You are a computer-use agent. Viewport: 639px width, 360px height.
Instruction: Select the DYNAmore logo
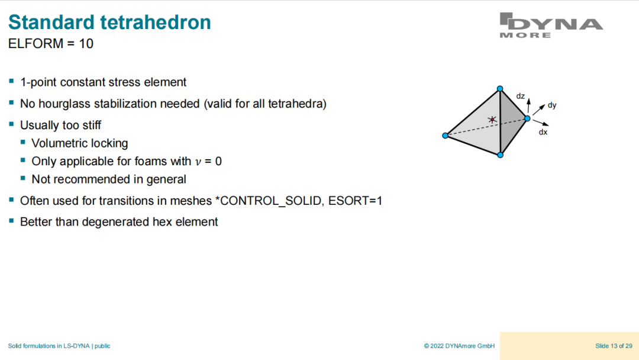click(x=551, y=25)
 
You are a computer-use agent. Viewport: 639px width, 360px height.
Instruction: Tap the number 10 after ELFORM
click(x=86, y=44)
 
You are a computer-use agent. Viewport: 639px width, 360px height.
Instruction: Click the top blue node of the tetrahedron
click(x=500, y=88)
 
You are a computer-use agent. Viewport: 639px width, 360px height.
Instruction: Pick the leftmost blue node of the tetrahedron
click(x=446, y=136)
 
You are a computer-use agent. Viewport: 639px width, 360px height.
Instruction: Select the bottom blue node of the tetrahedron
click(x=501, y=155)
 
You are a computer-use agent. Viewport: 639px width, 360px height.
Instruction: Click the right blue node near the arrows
click(x=527, y=118)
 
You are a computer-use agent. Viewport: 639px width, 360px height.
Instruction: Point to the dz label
click(x=521, y=97)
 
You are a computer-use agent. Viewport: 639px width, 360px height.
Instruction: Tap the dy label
click(x=552, y=105)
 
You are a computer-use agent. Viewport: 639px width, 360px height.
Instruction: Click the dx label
click(x=543, y=132)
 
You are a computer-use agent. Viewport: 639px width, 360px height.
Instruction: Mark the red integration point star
click(x=492, y=120)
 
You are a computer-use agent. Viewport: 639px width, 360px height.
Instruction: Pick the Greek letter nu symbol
click(x=198, y=162)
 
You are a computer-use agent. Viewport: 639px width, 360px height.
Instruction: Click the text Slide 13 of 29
click(x=614, y=346)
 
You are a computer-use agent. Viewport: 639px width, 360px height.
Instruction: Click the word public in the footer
click(x=103, y=346)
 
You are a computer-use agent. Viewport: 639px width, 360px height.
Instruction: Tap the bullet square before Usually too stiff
click(x=11, y=124)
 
